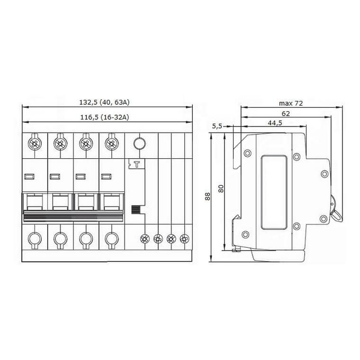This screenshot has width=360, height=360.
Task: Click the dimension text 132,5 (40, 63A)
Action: pos(107,102)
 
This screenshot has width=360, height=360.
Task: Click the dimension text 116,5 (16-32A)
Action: pos(107,117)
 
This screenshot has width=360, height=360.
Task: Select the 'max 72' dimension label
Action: pos(290,103)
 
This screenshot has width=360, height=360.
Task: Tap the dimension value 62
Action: pos(286,114)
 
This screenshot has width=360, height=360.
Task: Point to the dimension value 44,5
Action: pos(274,123)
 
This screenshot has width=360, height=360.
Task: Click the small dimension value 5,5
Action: pos(217,126)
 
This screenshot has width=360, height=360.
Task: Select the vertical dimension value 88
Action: pos(207,197)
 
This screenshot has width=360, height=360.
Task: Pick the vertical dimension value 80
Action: pos(220,189)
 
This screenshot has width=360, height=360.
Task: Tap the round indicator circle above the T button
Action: pos(138,142)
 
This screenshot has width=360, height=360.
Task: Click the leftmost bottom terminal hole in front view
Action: pos(34,239)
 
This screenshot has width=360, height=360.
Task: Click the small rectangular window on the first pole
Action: pos(29,176)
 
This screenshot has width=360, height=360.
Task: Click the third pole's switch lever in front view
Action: pos(85,203)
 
